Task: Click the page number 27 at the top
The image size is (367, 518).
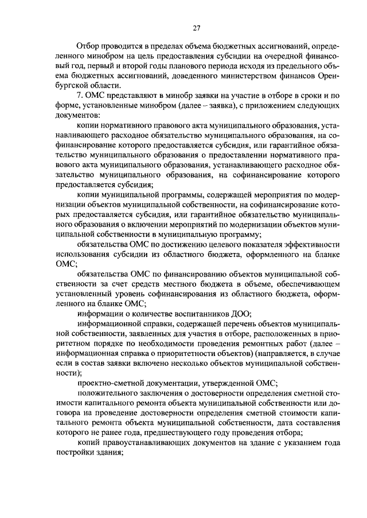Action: click(x=196, y=28)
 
